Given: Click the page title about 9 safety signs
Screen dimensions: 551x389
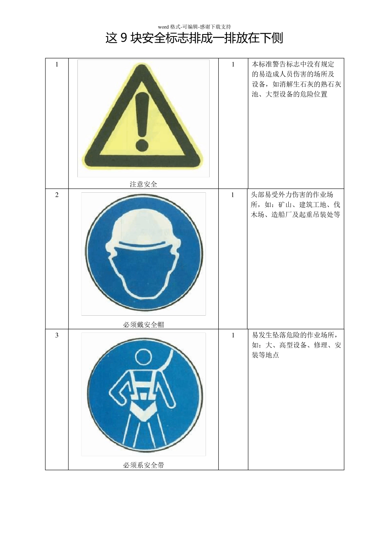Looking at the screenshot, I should [x=194, y=38].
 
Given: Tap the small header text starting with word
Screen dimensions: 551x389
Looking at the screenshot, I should [x=194, y=27].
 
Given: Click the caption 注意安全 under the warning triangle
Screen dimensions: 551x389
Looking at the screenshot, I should [x=143, y=184].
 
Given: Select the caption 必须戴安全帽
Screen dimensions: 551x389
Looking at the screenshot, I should [x=143, y=324].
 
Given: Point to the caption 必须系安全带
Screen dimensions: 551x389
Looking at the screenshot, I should [x=143, y=465].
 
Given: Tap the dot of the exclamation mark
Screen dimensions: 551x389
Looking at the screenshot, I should [x=142, y=144].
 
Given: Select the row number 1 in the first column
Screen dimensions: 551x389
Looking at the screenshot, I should [x=57, y=64].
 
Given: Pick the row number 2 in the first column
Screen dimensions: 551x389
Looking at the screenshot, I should [x=57, y=195].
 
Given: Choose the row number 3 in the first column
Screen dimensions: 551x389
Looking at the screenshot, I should [x=57, y=335].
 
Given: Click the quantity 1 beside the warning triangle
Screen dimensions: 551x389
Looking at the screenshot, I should [x=233, y=64].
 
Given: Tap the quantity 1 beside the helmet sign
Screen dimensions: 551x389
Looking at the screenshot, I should [x=233, y=195].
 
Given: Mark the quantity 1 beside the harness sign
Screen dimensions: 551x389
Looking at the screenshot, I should [x=233, y=335].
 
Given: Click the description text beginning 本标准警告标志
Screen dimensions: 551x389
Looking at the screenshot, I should [x=296, y=79].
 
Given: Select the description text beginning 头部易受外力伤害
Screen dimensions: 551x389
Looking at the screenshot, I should [x=295, y=205].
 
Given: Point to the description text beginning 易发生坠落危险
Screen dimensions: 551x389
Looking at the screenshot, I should [x=296, y=345].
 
